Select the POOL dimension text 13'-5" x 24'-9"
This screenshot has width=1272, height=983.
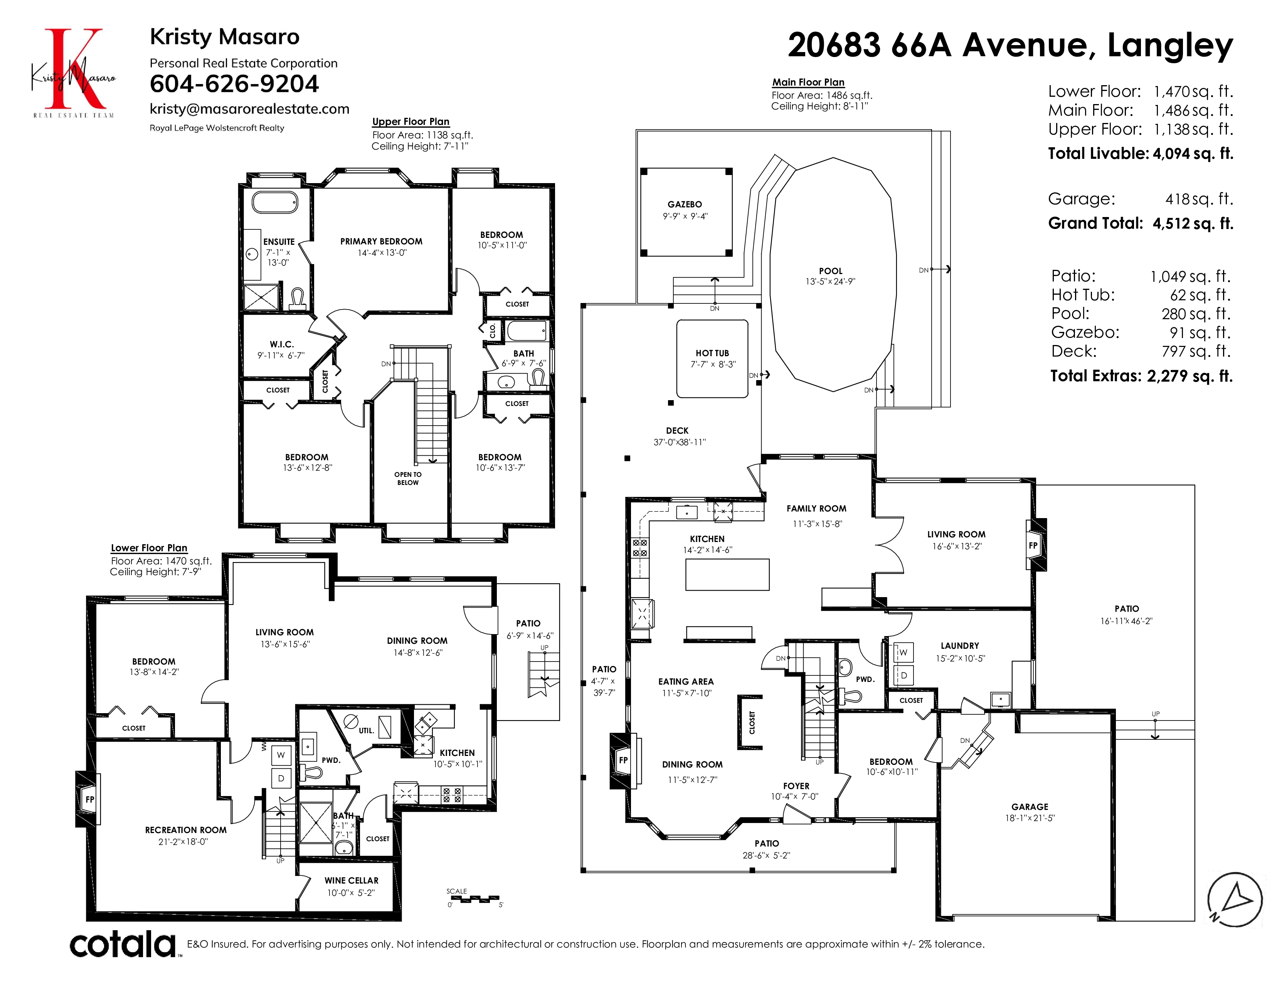831,282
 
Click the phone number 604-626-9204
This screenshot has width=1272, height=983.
234,84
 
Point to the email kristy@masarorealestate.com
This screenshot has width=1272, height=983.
249,109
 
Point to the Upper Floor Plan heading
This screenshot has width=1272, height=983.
411,122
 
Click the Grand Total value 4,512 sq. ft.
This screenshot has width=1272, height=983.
1193,224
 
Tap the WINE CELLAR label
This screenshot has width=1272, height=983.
351,880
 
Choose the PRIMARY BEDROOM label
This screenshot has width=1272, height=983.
382,241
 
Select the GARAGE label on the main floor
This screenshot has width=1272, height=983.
1030,806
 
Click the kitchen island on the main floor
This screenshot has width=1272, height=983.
727,575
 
